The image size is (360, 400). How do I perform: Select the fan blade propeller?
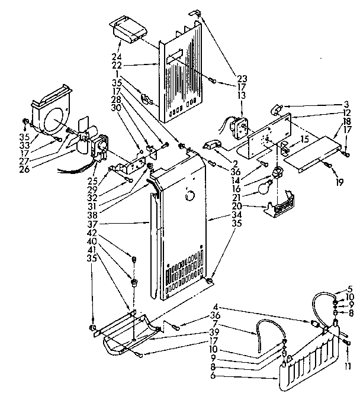tap(79, 143)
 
